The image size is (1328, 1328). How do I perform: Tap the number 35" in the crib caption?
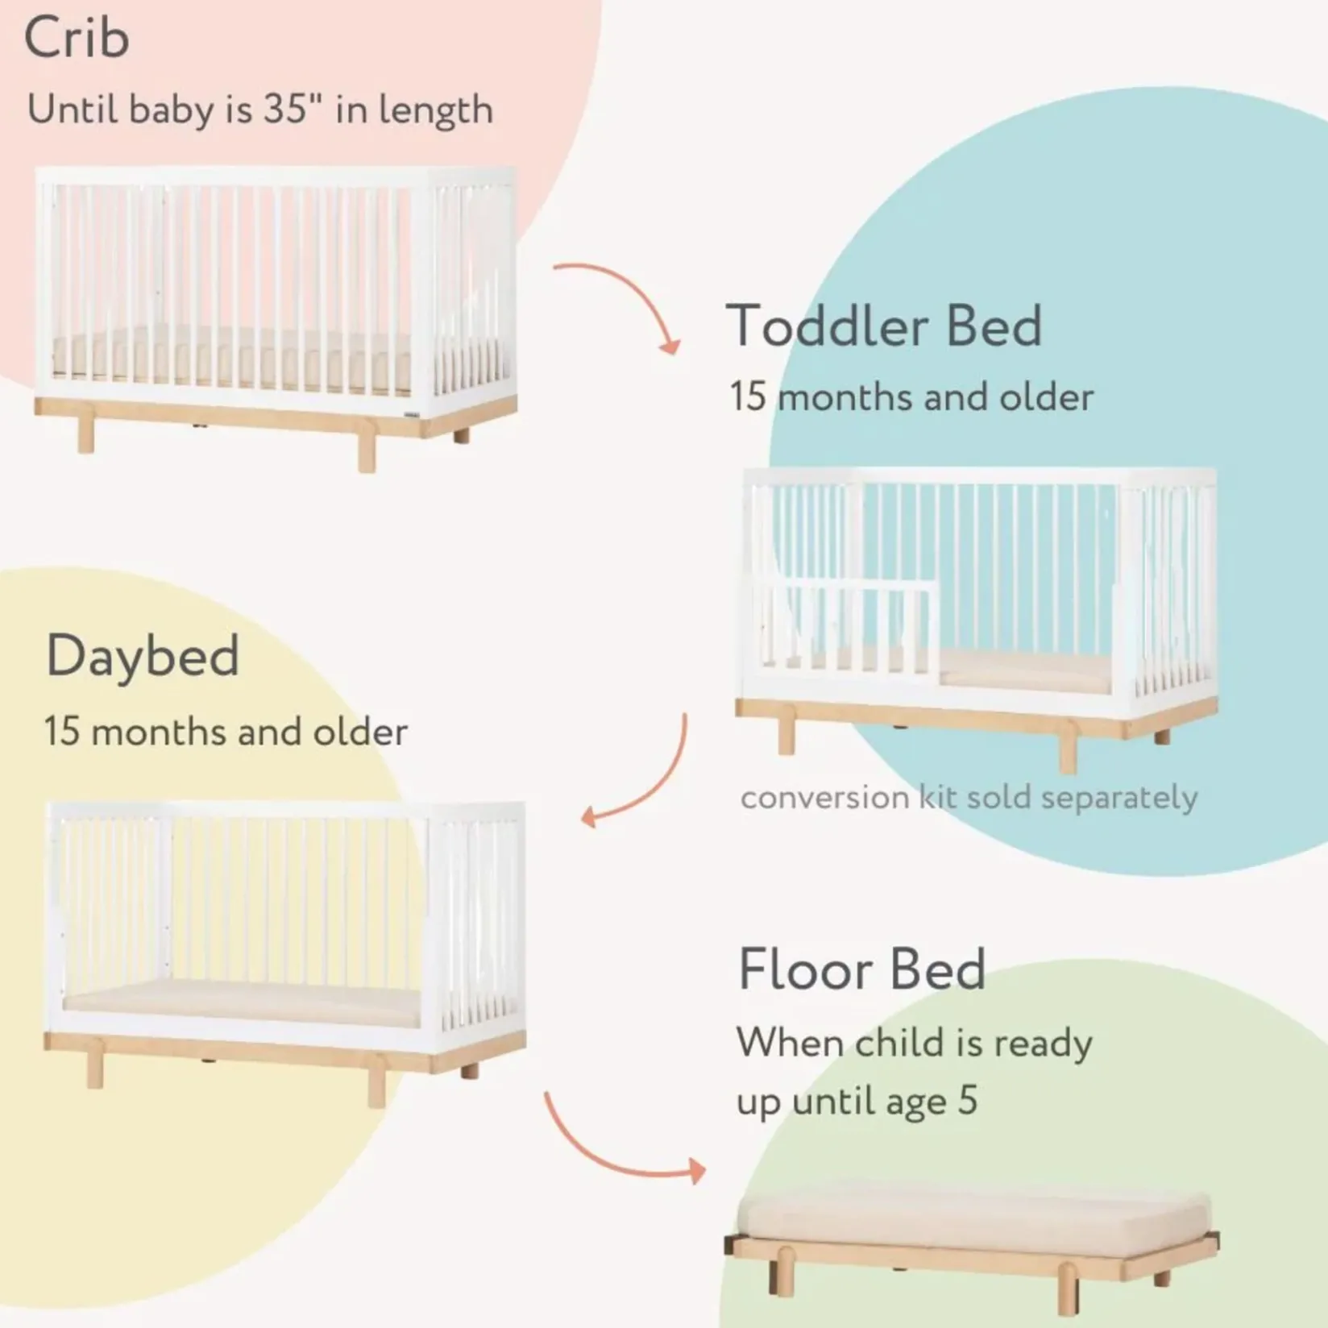[x=286, y=109]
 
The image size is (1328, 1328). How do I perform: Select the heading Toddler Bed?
[x=884, y=326]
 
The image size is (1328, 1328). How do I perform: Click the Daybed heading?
[x=143, y=655]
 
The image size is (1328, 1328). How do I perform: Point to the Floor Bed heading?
[x=861, y=969]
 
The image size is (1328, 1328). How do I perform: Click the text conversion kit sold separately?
[x=969, y=798]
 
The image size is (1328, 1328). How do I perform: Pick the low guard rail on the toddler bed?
[x=846, y=625]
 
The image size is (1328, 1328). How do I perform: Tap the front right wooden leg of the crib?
[x=367, y=451]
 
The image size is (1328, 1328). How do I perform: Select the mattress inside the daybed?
[x=242, y=1007]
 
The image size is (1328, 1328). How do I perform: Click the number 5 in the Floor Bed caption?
[x=968, y=1101]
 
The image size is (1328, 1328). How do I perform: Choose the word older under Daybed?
[x=360, y=732]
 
